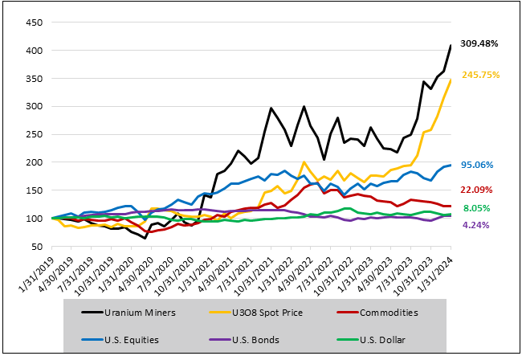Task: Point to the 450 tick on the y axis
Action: pos(35,22)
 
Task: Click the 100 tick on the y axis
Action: pos(35,219)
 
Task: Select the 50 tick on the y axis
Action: pos(38,247)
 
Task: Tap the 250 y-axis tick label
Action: pos(35,134)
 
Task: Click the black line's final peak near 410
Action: pos(451,46)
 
